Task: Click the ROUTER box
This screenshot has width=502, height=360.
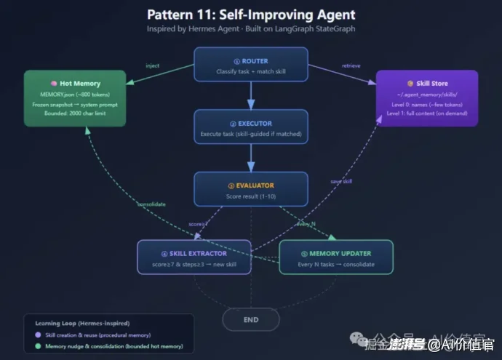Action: click(250, 66)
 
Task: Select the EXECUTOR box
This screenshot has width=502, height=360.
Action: click(250, 128)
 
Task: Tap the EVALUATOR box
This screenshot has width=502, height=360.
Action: click(250, 190)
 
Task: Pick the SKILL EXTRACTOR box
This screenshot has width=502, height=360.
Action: click(194, 257)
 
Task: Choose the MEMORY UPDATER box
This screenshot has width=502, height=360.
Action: click(335, 257)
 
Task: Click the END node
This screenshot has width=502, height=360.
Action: click(250, 319)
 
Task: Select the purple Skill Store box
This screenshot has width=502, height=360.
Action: click(426, 98)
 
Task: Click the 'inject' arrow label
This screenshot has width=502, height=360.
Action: click(152, 66)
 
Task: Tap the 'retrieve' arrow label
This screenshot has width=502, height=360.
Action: click(351, 66)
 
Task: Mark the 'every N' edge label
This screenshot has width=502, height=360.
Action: click(306, 224)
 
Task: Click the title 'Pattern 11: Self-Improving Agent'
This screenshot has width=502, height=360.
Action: click(250, 15)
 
